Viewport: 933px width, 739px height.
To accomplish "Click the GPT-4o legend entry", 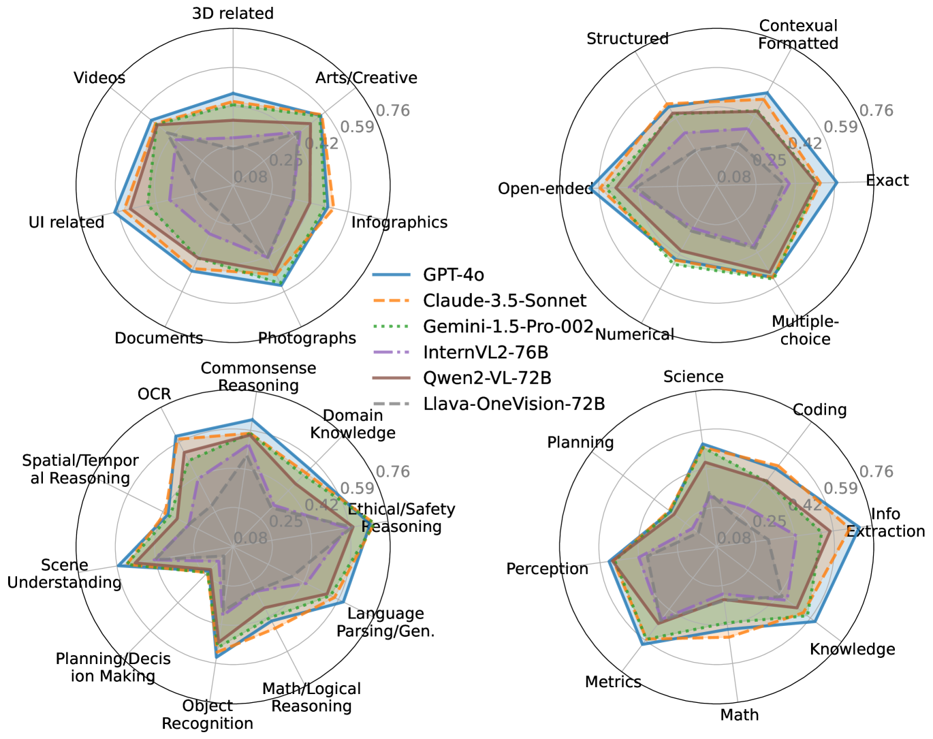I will point(454,274).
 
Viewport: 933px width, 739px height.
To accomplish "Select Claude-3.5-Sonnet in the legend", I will point(505,300).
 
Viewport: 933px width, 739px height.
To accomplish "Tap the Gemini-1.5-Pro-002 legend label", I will point(508,326).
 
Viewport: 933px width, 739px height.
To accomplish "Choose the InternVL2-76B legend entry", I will point(486,352).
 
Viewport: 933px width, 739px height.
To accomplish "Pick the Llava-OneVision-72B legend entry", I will point(514,404).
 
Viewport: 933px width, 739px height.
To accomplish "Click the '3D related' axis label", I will point(233,14).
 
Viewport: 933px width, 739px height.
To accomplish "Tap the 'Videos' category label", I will point(99,78).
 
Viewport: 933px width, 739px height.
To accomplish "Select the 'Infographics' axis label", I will point(399,222).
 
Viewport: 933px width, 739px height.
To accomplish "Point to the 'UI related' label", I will point(67,223).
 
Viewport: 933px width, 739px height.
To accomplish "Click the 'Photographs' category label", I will point(307,339).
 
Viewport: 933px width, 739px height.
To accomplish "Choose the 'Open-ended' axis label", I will point(545,189).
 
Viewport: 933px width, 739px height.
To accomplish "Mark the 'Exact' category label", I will point(887,180).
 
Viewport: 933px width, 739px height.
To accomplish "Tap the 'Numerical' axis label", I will point(635,334).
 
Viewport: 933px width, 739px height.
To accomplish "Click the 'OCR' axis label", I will point(155,394).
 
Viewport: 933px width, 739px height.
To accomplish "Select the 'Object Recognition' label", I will point(208,714).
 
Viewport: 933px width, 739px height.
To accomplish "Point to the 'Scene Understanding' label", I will point(65,573).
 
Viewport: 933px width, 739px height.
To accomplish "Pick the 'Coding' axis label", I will point(820,409).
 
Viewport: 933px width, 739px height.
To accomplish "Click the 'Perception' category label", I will point(547,569).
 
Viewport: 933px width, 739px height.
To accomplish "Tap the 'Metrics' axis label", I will point(613,682).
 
